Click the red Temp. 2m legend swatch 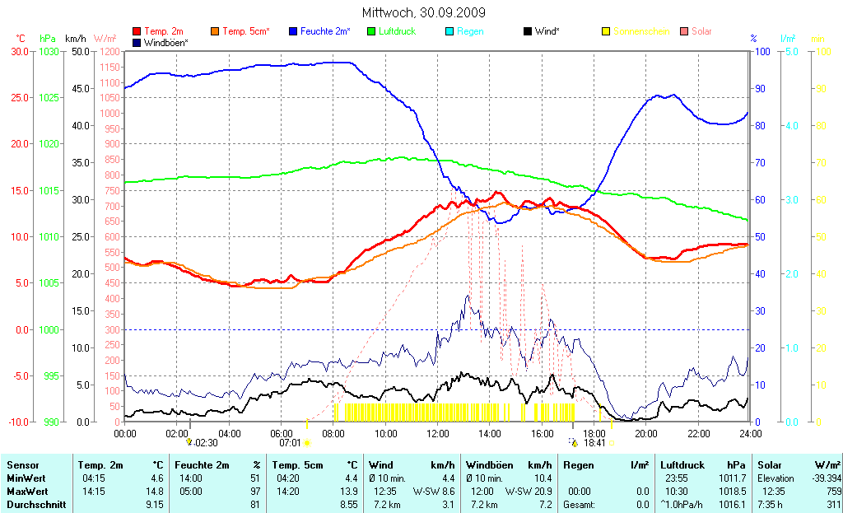(137, 31)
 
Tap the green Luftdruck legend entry (398, 31)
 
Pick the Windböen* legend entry (165, 42)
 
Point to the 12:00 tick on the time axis (437, 433)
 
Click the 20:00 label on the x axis (645, 433)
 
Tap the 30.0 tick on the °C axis (18, 51)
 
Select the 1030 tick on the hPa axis (49, 51)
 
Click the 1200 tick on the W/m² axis (109, 51)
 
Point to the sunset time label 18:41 (594, 443)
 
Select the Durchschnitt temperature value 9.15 (154, 504)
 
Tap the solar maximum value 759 (832, 492)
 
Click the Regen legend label (470, 31)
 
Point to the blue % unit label (753, 39)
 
